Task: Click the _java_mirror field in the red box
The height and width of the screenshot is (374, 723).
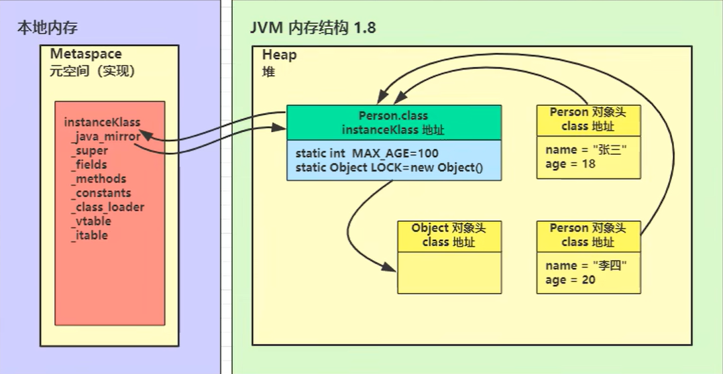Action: (x=105, y=137)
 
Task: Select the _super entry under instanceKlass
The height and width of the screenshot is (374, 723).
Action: (x=89, y=151)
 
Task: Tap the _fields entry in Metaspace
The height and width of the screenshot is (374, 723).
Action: (x=89, y=165)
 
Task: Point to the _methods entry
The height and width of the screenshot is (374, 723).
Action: (x=98, y=179)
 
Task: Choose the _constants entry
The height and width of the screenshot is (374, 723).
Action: (x=101, y=193)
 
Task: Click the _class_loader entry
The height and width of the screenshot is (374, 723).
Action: (x=107, y=207)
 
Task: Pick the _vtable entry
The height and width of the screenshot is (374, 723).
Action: (x=91, y=221)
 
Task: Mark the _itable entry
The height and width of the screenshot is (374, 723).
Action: (x=89, y=235)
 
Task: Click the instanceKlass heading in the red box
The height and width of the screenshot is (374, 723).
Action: (x=102, y=122)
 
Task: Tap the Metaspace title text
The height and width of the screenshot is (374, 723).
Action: (x=86, y=54)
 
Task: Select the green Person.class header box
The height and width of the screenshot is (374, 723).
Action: (x=394, y=123)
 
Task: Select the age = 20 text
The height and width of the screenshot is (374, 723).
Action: (x=570, y=279)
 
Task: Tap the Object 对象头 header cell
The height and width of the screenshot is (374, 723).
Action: (x=449, y=235)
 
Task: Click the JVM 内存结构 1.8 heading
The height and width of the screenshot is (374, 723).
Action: (x=313, y=28)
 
